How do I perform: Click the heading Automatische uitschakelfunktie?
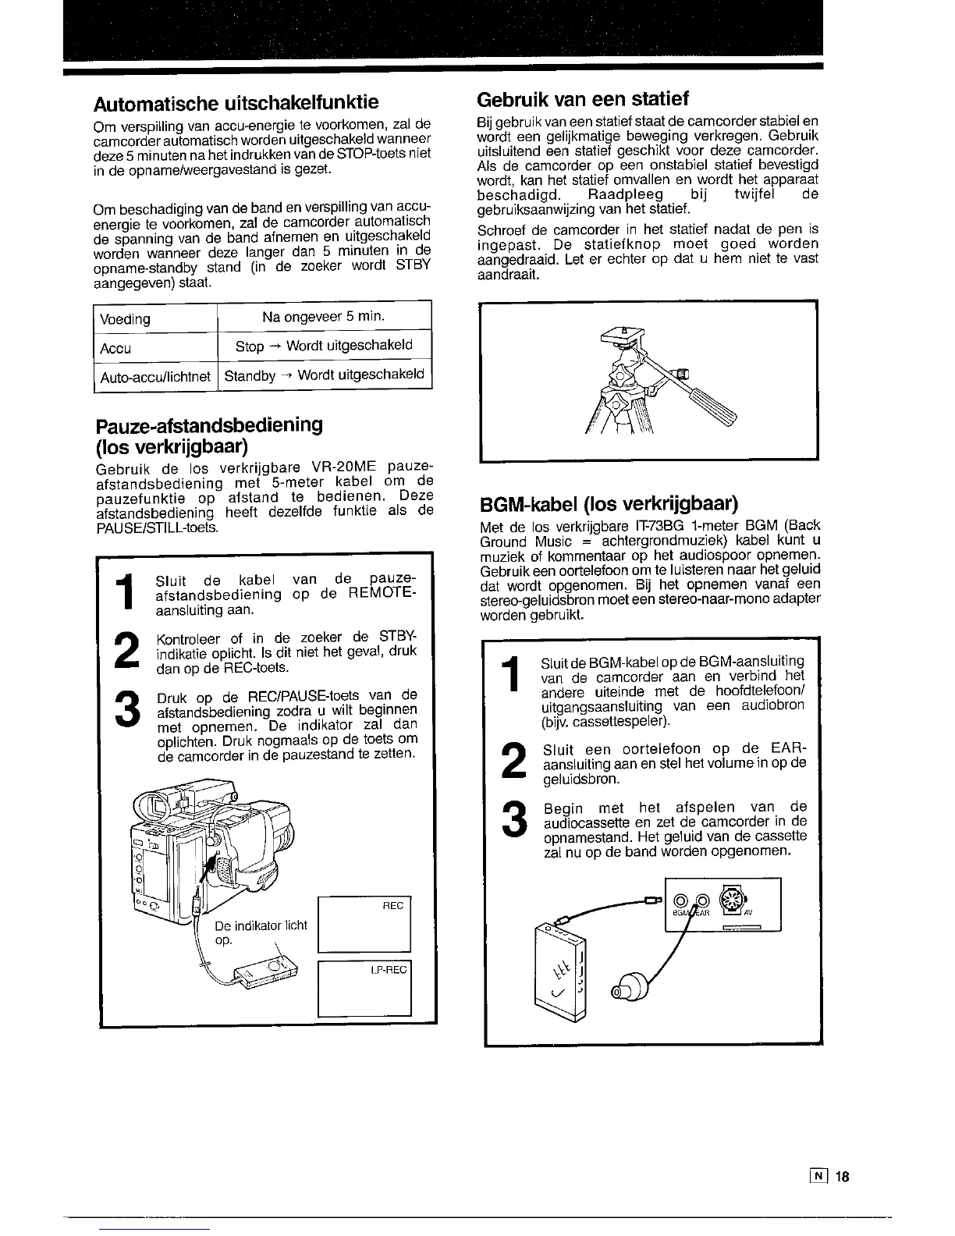click(236, 103)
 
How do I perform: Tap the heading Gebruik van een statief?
click(582, 99)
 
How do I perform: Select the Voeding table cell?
click(125, 319)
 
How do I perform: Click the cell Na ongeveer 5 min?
click(324, 316)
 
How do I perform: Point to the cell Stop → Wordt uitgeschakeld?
click(324, 346)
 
